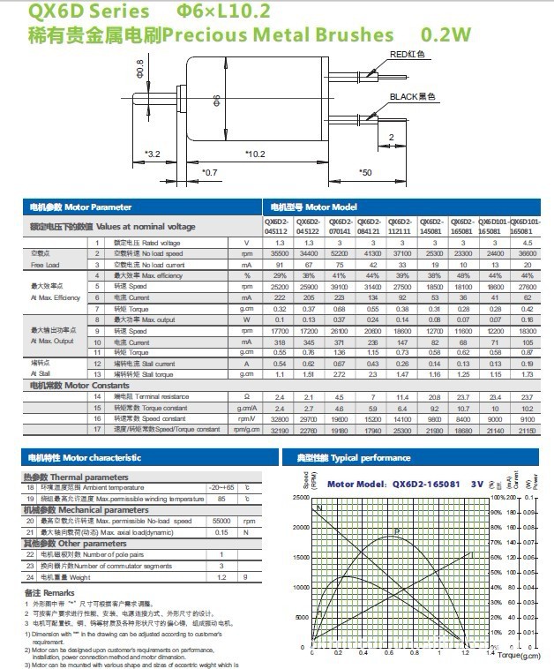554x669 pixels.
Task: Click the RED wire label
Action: point(408,54)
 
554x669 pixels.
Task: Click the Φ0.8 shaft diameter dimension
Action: point(140,65)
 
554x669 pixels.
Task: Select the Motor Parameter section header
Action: point(80,207)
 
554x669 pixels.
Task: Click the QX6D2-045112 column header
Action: point(275,225)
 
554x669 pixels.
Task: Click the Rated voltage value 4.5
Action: point(528,242)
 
